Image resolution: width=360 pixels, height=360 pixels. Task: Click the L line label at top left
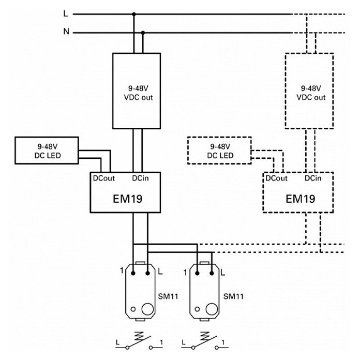click(66, 14)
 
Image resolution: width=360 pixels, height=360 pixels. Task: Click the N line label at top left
click(66, 31)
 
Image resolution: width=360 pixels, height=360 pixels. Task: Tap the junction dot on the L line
click(134, 14)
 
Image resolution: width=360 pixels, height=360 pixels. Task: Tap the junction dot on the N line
click(143, 33)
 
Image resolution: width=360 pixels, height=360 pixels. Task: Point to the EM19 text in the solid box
click(128, 199)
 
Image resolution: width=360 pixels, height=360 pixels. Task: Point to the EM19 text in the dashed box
click(301, 199)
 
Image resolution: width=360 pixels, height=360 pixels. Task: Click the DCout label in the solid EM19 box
click(103, 178)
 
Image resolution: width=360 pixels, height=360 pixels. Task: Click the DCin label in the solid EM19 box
click(140, 178)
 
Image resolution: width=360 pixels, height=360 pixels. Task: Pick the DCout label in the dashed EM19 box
click(276, 178)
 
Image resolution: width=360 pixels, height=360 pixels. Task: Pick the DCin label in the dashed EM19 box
click(313, 178)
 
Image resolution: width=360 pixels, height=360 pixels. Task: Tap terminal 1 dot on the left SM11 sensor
click(133, 273)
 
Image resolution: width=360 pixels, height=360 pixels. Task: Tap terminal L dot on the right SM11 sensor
click(212, 273)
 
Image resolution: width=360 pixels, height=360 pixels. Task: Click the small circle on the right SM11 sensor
click(197, 309)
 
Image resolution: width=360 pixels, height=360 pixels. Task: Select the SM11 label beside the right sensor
click(233, 296)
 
